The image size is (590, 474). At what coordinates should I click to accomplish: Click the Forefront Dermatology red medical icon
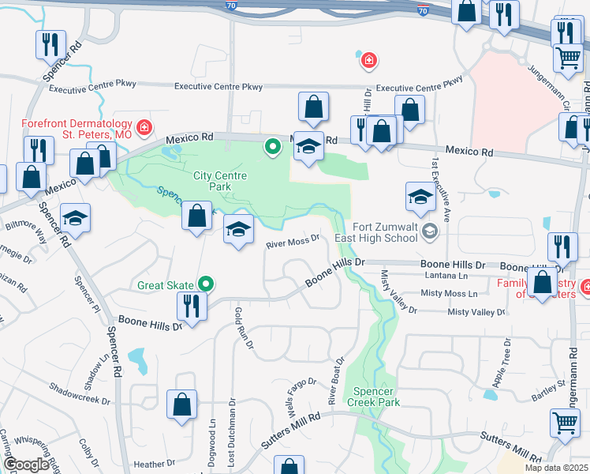(x=144, y=126)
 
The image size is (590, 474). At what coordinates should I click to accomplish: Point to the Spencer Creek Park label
(x=377, y=397)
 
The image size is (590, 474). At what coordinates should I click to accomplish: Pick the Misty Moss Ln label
(x=450, y=293)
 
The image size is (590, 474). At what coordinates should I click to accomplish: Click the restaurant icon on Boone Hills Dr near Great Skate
(x=192, y=303)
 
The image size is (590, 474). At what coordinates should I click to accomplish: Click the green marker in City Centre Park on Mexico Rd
(x=273, y=146)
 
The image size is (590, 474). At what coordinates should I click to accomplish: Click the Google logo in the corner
(x=26, y=465)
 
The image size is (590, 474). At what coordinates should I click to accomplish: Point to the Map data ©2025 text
(x=557, y=468)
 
